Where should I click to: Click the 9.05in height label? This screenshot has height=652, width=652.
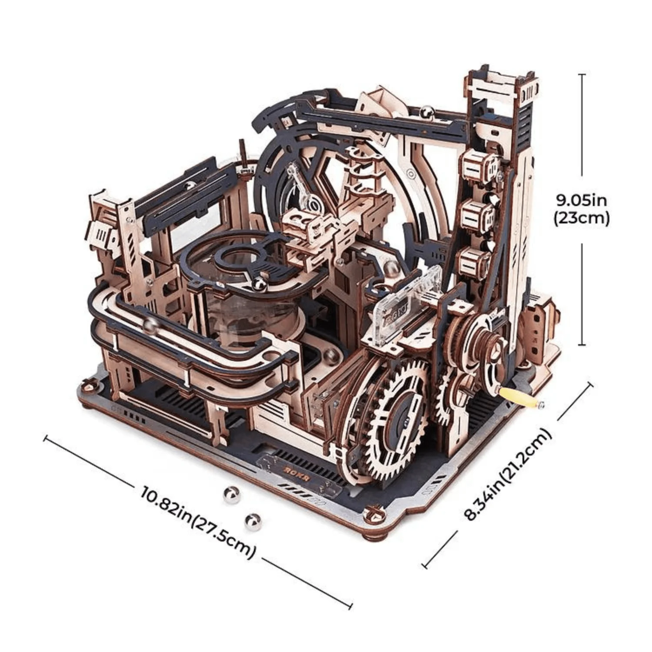click(x=581, y=201)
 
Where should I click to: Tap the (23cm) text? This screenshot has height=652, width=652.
click(x=581, y=218)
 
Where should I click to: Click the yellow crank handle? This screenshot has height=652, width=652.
click(x=526, y=398)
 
